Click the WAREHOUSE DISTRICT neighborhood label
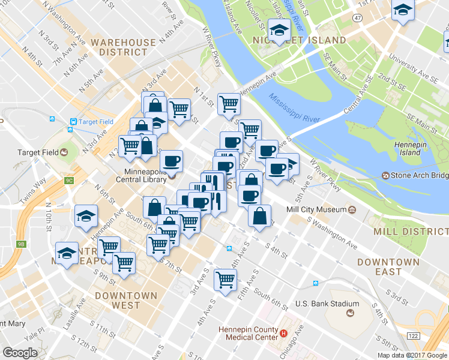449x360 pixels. [123, 47]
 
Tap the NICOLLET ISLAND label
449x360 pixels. [306, 40]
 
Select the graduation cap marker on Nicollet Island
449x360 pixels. [279, 31]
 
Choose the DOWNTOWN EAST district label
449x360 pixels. [388, 267]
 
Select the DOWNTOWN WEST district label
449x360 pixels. [125, 301]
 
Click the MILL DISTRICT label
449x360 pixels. [411, 232]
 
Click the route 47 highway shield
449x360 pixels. [357, 19]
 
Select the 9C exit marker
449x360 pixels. [69, 180]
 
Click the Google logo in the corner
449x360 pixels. [20, 353]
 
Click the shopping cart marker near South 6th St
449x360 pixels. [225, 280]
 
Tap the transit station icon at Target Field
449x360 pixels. [72, 122]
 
